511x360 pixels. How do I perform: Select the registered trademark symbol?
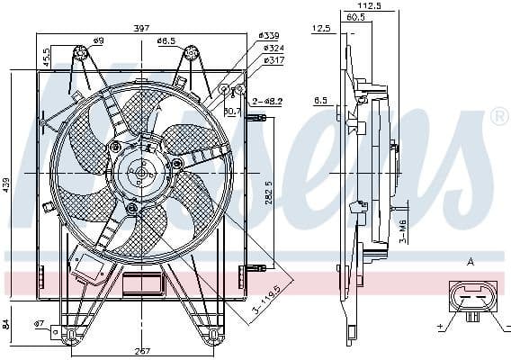497,118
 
